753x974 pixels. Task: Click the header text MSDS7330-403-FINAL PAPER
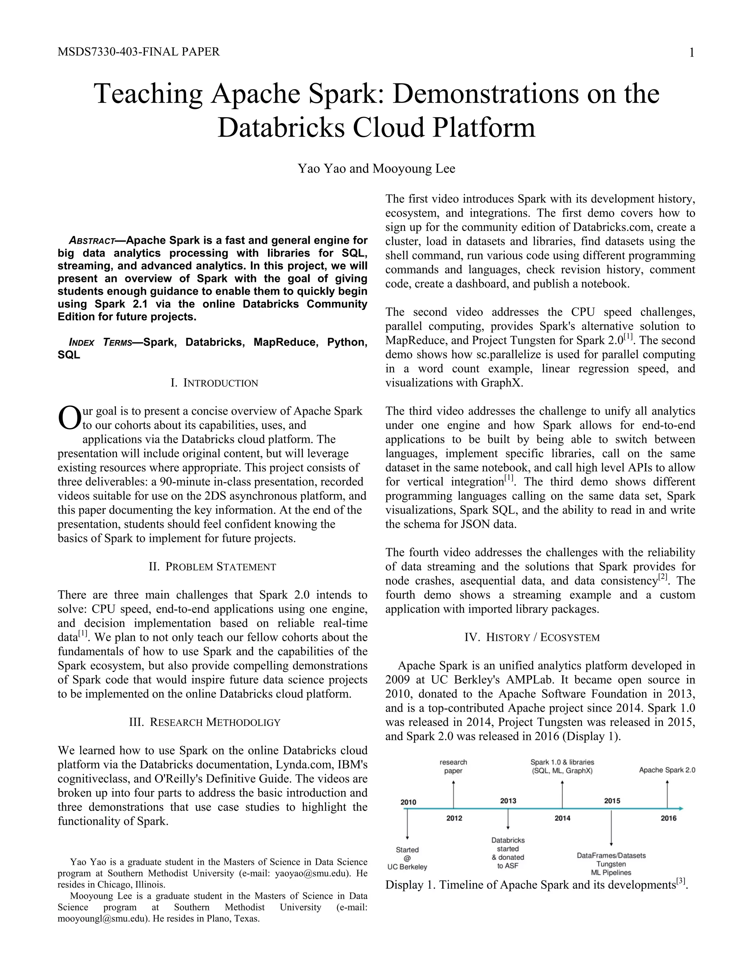[139, 52]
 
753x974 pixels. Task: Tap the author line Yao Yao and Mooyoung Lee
[376, 169]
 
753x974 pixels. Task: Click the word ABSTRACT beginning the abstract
[92, 241]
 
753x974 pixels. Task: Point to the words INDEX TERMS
[101, 343]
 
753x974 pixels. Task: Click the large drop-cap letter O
[69, 418]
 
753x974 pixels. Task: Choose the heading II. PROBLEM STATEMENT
[213, 567]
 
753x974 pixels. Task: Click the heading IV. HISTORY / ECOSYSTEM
[532, 637]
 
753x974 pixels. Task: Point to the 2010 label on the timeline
[408, 802]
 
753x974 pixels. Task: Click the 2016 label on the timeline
[668, 819]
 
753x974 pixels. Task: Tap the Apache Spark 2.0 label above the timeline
[667, 770]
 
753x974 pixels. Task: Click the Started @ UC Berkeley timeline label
[407, 859]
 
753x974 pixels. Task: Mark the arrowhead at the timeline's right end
[680, 809]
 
